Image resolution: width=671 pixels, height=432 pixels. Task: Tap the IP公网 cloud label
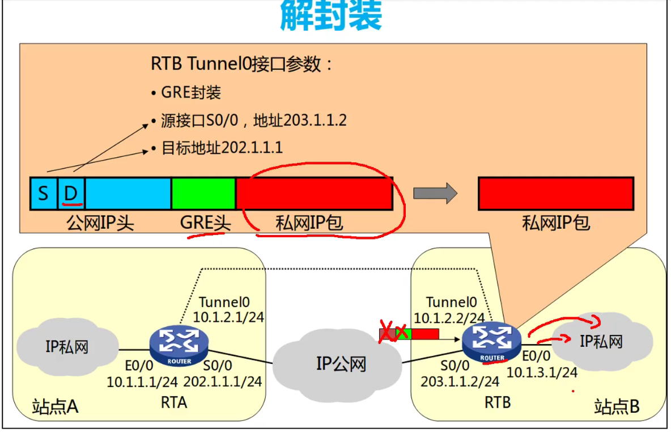point(341,364)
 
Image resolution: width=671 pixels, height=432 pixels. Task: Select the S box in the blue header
point(43,193)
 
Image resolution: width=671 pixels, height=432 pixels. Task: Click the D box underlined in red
point(71,193)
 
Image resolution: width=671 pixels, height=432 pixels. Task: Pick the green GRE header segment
point(203,193)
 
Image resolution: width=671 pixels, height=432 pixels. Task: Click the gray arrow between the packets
point(435,194)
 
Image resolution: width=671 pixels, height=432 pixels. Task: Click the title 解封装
point(332,16)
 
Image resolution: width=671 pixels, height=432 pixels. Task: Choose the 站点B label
point(617,406)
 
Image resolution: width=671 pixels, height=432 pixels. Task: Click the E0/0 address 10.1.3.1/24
point(542,372)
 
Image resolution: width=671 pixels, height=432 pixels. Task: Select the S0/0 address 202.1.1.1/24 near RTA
point(224,381)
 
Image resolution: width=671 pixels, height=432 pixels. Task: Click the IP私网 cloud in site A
point(67,347)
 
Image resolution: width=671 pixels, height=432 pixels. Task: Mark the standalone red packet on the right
point(555,194)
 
